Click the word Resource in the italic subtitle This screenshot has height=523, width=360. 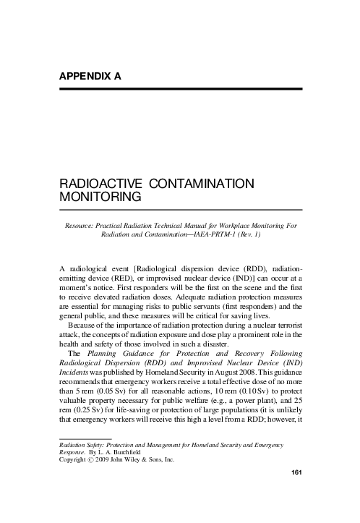pos(81,225)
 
